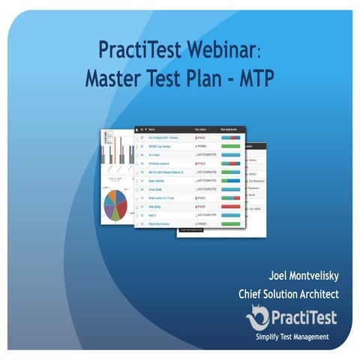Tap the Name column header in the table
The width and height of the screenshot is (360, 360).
click(x=154, y=129)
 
